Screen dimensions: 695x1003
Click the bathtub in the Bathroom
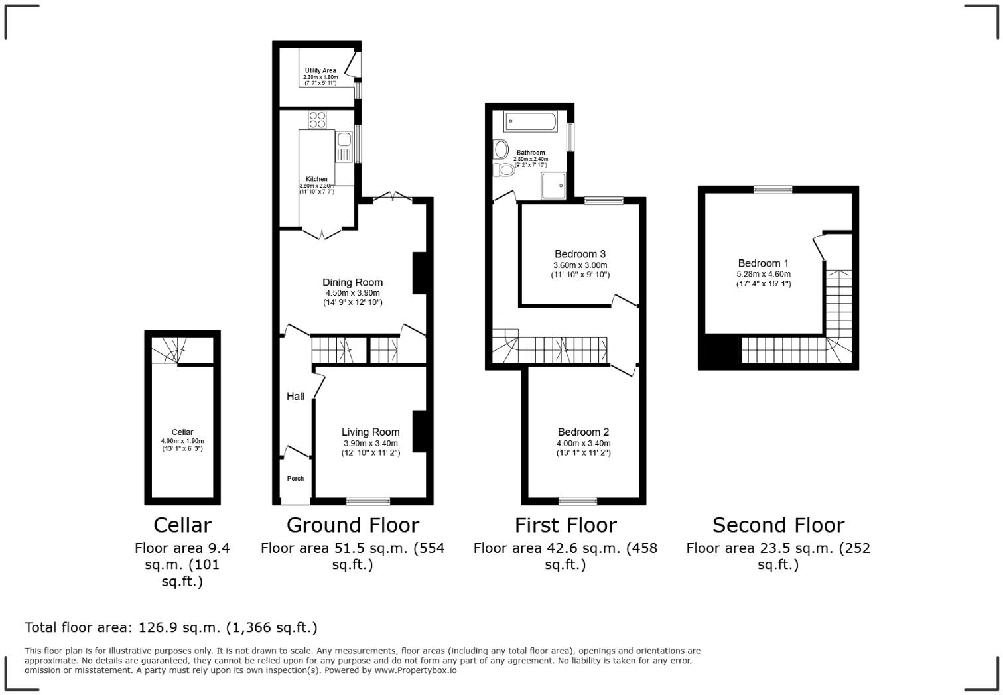click(530, 122)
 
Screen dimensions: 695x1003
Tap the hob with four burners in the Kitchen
click(317, 120)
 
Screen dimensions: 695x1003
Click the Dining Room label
click(352, 283)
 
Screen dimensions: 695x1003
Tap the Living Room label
click(370, 432)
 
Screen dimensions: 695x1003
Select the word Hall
click(295, 397)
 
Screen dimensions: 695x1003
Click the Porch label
click(295, 479)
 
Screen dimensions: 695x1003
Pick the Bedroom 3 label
click(580, 254)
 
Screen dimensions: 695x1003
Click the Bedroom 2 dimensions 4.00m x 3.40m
click(583, 444)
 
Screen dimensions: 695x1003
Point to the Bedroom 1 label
click(763, 263)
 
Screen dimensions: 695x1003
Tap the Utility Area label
click(320, 70)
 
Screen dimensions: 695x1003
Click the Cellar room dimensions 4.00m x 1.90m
click(182, 441)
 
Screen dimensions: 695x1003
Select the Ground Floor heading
click(352, 525)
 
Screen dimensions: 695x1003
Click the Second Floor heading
click(778, 525)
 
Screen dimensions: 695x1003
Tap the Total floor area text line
click(171, 627)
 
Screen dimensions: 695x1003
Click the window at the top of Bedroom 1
click(773, 190)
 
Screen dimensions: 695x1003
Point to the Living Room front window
click(368, 501)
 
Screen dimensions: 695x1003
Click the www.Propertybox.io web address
click(416, 670)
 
